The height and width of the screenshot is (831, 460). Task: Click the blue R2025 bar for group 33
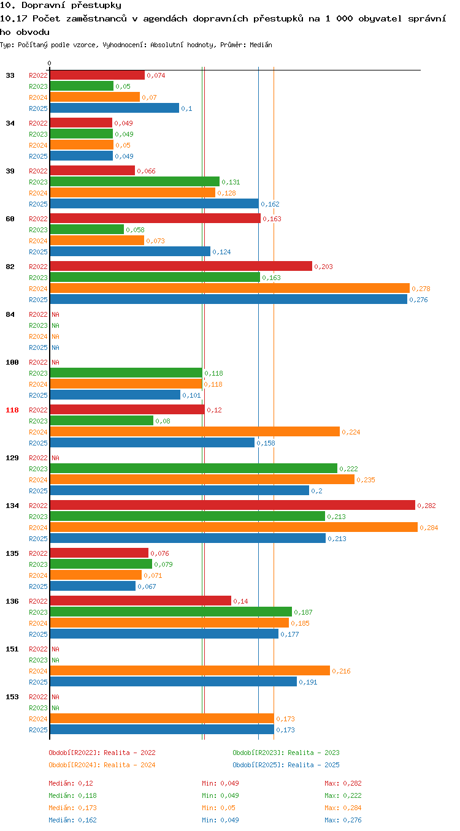tap(114, 108)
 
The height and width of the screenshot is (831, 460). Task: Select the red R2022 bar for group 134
tap(232, 505)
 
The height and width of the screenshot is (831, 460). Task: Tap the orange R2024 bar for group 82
tap(230, 288)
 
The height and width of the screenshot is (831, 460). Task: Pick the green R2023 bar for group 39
tap(135, 181)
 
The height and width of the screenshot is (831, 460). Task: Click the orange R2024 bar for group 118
tap(195, 431)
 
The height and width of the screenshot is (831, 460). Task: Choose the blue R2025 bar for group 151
tap(174, 681)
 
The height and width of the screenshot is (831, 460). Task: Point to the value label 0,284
tap(429, 528)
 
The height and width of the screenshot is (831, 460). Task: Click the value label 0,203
tap(323, 267)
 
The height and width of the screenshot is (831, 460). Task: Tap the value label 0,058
tap(135, 230)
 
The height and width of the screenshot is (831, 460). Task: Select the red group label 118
tap(12, 410)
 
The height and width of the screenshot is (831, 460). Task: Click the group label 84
tap(10, 314)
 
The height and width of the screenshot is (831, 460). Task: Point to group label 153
tap(12, 697)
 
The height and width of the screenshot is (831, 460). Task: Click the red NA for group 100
tap(55, 362)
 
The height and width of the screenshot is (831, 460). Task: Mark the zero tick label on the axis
tap(50, 64)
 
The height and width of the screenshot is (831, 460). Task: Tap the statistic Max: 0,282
tap(343, 783)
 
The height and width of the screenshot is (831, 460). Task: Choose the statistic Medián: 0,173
tap(72, 808)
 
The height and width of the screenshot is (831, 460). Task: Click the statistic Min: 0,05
tap(218, 808)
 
